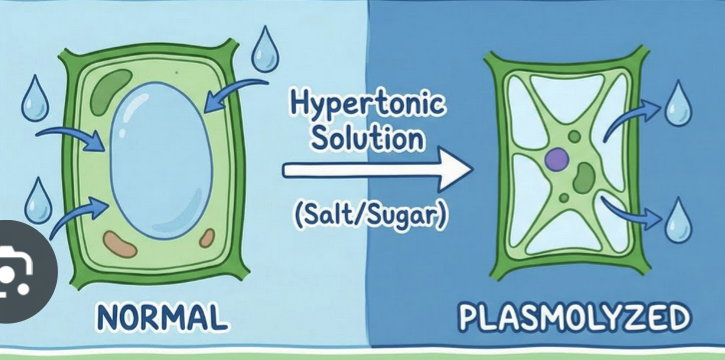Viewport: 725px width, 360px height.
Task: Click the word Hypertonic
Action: (x=367, y=104)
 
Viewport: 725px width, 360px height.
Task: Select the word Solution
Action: (x=367, y=137)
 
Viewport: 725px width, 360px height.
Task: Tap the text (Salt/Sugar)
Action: (x=370, y=214)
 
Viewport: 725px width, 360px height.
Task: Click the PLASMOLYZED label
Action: (x=574, y=319)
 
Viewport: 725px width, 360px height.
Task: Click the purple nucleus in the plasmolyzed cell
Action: (x=557, y=157)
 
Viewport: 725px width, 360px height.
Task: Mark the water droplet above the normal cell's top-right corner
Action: (x=266, y=48)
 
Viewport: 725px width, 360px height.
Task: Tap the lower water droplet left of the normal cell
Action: (x=36, y=200)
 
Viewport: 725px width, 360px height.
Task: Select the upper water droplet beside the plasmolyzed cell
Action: (x=679, y=101)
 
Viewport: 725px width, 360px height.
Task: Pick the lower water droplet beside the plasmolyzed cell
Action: (x=679, y=221)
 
